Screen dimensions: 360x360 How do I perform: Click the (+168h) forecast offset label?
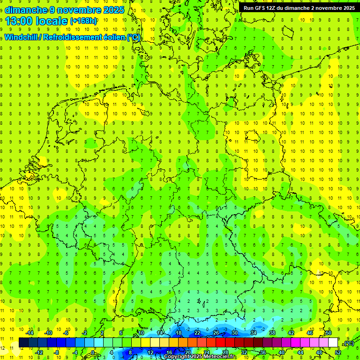(83, 21)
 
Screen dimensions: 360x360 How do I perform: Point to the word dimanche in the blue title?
(26, 10)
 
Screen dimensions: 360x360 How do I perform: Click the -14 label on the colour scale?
(30, 333)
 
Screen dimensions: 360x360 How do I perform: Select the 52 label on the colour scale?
(337, 352)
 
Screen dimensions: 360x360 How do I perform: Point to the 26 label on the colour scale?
(216, 333)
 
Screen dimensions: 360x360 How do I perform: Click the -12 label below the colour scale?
(39, 352)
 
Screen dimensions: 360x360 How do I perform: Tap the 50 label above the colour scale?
(329, 333)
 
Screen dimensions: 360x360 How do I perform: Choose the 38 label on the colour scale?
(272, 333)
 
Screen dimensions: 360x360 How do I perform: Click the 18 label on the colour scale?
(179, 333)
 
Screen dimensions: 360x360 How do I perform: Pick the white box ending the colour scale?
(333, 343)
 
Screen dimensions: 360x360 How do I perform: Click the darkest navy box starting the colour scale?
(23, 343)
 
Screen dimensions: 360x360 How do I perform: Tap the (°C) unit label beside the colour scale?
(349, 343)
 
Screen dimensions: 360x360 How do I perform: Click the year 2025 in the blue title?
(114, 10)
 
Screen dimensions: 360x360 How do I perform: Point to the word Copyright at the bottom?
(177, 357)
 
